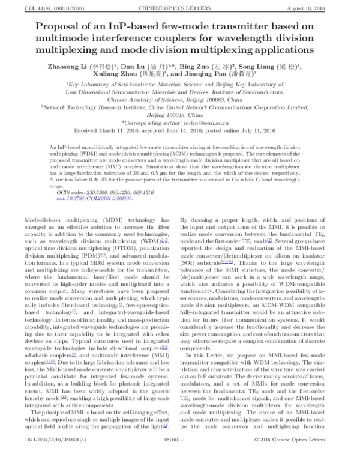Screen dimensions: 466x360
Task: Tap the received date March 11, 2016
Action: (119, 130)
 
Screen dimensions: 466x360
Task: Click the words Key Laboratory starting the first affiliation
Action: (89, 86)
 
